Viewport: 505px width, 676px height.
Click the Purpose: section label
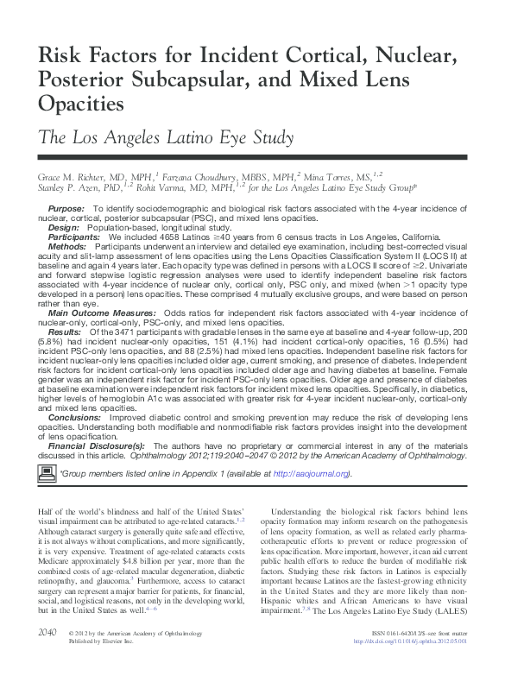pos(66,210)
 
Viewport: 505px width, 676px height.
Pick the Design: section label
pos(63,228)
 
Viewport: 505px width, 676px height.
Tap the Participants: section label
pos(73,237)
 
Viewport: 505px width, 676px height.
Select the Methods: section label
pos(67,246)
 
